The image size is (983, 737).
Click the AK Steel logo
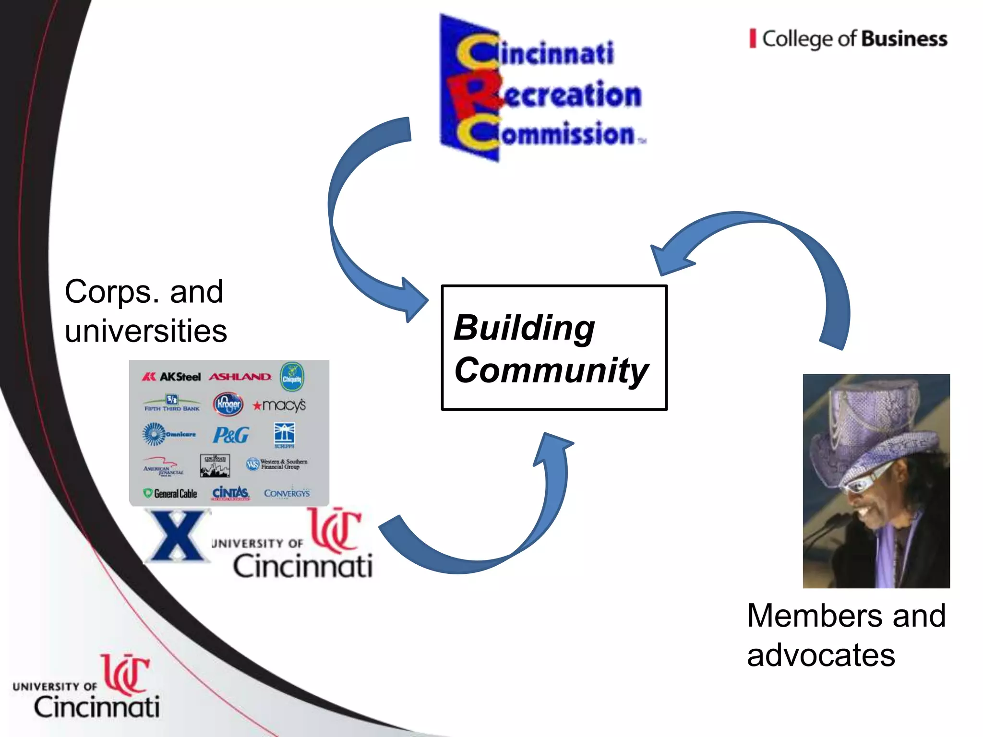click(x=171, y=377)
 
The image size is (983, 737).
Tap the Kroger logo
click(x=228, y=404)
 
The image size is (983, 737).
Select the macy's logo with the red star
click(x=279, y=405)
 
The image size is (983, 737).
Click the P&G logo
click(x=231, y=435)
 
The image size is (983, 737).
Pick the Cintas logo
click(x=231, y=493)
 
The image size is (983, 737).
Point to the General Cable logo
click(x=170, y=493)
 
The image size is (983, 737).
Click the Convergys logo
click(x=287, y=493)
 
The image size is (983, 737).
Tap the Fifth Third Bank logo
click(x=172, y=404)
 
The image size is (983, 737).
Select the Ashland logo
click(x=240, y=377)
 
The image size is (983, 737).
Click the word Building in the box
click(x=524, y=328)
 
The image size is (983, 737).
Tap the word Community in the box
click(x=551, y=371)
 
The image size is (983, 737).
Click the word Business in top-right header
click(x=904, y=39)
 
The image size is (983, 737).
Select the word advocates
click(x=821, y=655)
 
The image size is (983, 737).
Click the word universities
click(x=146, y=331)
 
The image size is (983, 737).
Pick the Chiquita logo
click(x=292, y=377)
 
